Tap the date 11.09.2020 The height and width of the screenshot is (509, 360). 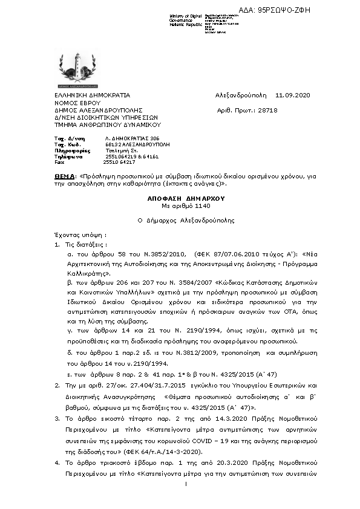tap(292, 96)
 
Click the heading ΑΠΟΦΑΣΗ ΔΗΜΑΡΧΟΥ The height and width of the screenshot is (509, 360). tap(177, 198)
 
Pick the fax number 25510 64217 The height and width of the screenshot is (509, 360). tap(119, 162)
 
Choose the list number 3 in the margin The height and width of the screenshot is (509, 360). tap(57, 418)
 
